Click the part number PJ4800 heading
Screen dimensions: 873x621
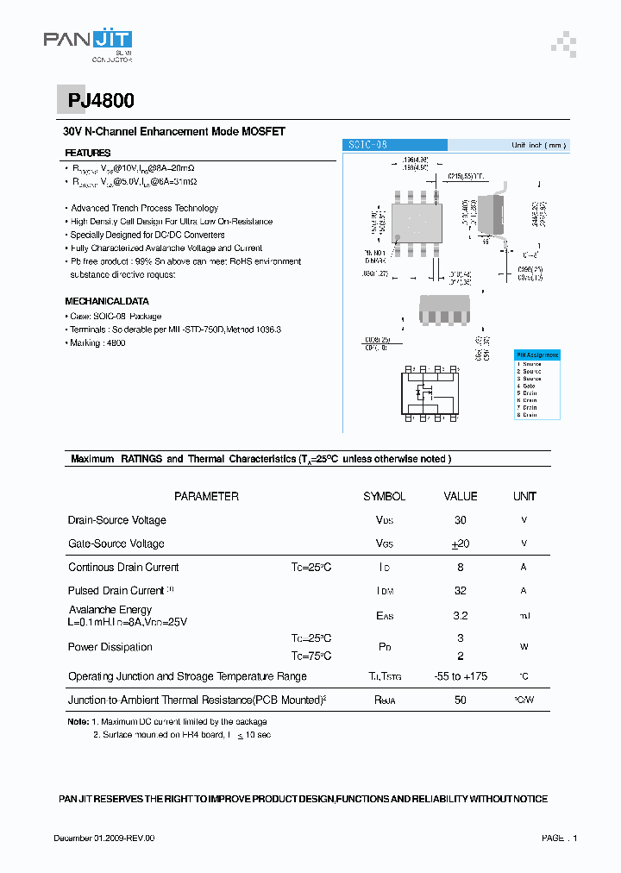pos(101,101)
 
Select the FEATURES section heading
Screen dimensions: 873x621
pos(88,153)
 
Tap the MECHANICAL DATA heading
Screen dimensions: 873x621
pos(107,301)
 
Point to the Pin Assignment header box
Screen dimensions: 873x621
pos(537,355)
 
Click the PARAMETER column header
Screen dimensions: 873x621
pos(206,496)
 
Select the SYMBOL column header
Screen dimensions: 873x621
pos(384,496)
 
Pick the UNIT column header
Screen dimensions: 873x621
pos(524,496)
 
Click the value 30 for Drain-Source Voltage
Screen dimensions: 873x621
pos(460,520)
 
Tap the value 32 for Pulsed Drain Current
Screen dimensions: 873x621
pos(460,591)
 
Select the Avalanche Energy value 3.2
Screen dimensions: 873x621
pos(460,616)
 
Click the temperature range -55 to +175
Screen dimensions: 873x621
pos(460,676)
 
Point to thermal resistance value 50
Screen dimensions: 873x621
pos(460,700)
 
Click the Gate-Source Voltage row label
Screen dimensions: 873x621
pos(116,543)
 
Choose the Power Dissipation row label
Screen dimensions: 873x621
pos(110,647)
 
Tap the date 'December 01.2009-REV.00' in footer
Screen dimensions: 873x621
pos(103,838)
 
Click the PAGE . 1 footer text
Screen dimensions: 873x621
pos(559,838)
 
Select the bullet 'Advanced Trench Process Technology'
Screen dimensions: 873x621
pos(144,208)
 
